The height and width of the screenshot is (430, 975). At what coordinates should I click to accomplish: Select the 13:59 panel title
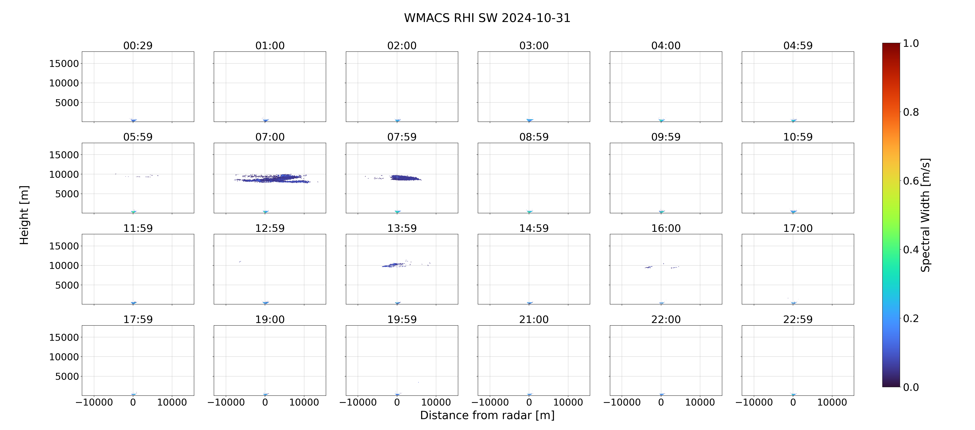(402, 228)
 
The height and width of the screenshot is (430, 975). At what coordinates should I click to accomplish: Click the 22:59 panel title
(798, 320)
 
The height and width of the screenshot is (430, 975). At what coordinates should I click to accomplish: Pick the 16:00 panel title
(666, 228)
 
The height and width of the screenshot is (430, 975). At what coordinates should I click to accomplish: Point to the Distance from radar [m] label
(487, 415)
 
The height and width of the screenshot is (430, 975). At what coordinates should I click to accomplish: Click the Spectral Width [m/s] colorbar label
(925, 215)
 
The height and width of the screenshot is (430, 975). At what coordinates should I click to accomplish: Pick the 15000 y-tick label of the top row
(64, 64)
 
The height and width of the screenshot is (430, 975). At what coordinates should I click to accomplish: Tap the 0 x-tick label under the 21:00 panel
(529, 402)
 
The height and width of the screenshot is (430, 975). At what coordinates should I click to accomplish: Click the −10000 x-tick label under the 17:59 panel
(94, 402)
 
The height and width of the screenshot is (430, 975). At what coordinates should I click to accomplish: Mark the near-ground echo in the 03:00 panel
(530, 120)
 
